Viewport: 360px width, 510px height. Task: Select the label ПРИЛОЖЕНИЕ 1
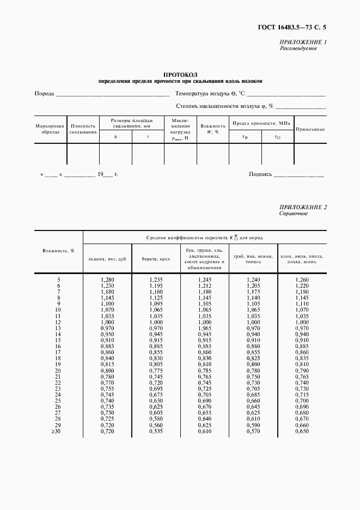303,42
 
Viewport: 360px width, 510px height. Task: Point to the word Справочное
294,214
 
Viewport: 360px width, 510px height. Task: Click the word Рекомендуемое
298,48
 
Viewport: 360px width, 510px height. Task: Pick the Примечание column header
310,129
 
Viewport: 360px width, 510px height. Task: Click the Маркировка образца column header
50,128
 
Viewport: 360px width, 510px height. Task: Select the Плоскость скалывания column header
83,128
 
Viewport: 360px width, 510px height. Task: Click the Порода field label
44,93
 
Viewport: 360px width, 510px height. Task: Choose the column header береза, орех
156,259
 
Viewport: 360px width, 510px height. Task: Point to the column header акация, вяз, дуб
107,259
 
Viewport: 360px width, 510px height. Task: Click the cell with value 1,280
107,280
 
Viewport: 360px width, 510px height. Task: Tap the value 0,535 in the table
156,432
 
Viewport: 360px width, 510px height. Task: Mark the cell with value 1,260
302,280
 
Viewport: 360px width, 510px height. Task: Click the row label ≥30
58,432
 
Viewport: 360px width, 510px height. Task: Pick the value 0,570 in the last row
253,432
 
